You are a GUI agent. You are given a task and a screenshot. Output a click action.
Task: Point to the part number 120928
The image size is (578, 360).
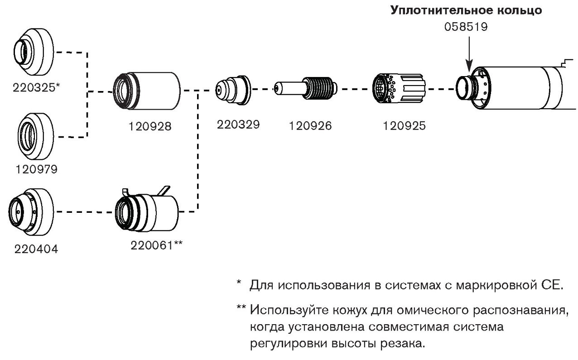coord(149,127)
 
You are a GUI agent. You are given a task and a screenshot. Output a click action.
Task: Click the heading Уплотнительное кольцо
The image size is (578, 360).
coord(467,10)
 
